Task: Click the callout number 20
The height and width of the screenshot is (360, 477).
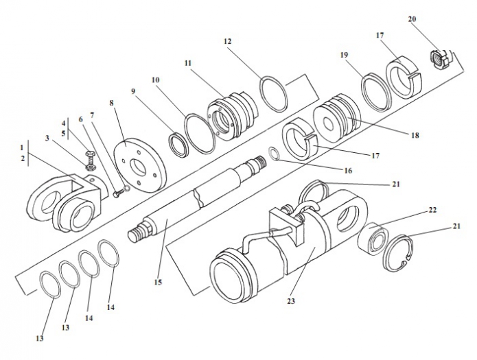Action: coord(412,19)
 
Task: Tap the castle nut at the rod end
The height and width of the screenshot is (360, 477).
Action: coord(438,59)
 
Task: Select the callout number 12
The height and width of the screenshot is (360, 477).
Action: coord(228,41)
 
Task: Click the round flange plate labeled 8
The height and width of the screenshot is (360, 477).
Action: coord(140,165)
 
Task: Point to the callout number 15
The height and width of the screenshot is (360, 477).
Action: coord(158,282)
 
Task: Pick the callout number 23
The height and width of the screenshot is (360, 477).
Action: coord(291,301)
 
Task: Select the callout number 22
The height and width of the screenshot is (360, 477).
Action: coord(432,210)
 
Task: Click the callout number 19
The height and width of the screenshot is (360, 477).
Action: coord(344,55)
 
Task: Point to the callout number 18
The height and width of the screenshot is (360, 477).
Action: coord(415,135)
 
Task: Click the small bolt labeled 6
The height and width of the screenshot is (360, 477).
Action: coord(119,193)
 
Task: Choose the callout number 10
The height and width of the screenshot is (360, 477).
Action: coord(155,80)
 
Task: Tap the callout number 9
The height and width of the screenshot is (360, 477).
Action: coord(133,91)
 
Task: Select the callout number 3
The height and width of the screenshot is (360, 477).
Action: coord(47,139)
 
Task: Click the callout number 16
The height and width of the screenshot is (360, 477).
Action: coord(348,171)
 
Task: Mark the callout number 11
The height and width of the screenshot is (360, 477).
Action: coord(188,63)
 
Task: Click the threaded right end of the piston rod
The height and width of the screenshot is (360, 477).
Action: coord(258,163)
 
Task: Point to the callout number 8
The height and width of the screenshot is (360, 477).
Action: coord(111,103)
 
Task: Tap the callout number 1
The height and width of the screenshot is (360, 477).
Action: coord(21,147)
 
